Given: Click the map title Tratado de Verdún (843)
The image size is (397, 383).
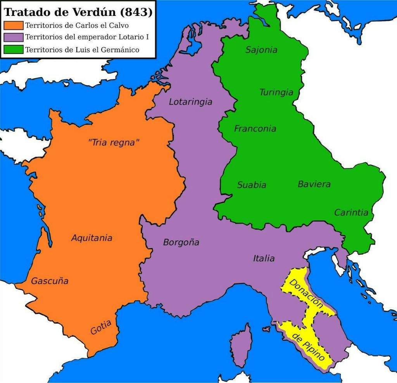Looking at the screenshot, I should click(x=78, y=12).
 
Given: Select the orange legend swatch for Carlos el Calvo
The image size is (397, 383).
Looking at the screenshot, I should click(x=13, y=26).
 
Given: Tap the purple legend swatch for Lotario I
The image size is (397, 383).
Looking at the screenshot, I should click(x=13, y=38).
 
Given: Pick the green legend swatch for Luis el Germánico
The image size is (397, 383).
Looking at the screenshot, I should click(x=13, y=50).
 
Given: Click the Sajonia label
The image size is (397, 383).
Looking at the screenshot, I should click(x=261, y=50).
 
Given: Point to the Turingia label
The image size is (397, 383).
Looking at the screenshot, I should click(x=276, y=93).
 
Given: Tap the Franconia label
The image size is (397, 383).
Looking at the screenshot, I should click(x=255, y=129).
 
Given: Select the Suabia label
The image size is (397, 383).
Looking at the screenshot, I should click(x=252, y=185).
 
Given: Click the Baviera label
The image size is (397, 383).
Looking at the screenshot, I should click(x=314, y=184).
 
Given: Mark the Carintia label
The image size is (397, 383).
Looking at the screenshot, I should click(x=351, y=212).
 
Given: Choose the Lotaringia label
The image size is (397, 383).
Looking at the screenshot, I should click(x=190, y=102).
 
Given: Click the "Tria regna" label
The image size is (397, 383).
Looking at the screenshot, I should click(x=114, y=143).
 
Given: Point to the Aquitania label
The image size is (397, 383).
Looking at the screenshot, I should click(x=91, y=238).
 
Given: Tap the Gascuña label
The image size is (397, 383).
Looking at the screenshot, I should click(x=50, y=281).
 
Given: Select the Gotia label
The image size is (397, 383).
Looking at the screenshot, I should click(x=101, y=327).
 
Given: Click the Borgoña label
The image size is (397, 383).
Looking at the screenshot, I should click(x=181, y=243).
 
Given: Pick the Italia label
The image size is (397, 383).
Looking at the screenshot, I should click(x=264, y=258).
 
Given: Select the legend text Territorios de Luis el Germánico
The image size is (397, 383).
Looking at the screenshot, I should click(x=82, y=50).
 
